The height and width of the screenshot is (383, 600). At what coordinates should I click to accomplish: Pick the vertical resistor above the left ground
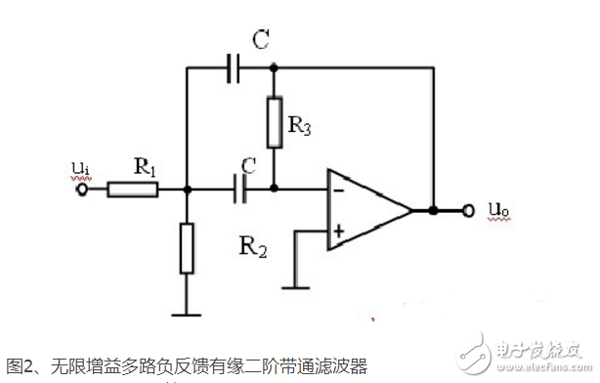pyautogui.click(x=187, y=248)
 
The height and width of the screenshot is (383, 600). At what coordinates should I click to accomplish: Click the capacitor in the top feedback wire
pyautogui.click(x=233, y=68)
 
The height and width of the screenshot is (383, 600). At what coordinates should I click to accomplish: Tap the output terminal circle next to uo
pyautogui.click(x=469, y=210)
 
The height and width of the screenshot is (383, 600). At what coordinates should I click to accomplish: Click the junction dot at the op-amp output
pyautogui.click(x=431, y=210)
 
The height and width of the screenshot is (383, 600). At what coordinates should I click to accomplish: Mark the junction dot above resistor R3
pyautogui.click(x=274, y=68)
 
